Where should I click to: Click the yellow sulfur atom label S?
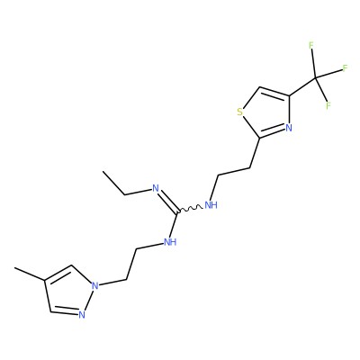tap(239, 112)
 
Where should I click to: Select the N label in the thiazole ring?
tap(289, 128)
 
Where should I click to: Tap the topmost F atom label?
tap(311, 45)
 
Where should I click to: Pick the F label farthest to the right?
tap(345, 68)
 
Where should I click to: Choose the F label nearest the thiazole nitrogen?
tap(328, 105)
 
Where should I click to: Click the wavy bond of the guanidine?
tap(190, 209)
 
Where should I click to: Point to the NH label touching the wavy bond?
tap(211, 205)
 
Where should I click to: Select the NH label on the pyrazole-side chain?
tap(170, 242)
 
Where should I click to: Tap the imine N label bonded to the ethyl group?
tap(156, 188)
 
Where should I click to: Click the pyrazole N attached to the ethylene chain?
tap(95, 285)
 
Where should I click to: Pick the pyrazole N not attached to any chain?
tap(82, 315)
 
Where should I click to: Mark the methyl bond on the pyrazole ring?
tap(30, 274)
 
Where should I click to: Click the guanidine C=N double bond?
tap(168, 202)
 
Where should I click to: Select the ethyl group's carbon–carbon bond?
tap(114, 184)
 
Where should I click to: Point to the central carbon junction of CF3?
tap(315, 78)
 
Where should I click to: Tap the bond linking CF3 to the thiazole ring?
tap(302, 87)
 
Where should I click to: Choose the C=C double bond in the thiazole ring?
tap(274, 92)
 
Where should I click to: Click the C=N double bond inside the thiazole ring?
tap(272, 133)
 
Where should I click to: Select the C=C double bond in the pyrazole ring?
tap(58, 273)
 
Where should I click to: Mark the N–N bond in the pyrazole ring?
tap(88, 300)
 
